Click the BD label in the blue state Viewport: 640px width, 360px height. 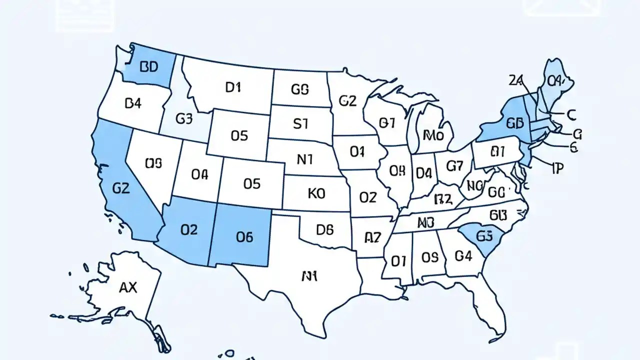[149, 67]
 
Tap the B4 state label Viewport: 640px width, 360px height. [132, 104]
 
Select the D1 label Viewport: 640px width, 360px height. [233, 87]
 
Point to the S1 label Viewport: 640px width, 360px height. [300, 123]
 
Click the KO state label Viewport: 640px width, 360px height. [316, 193]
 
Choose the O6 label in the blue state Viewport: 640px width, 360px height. [244, 237]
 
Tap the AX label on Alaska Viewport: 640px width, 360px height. [128, 287]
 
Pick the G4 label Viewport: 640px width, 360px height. [463, 256]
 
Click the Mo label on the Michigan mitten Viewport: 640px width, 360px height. [433, 134]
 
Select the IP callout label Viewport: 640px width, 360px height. [557, 168]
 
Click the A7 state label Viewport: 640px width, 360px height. [372, 237]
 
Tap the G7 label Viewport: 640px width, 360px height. [455, 165]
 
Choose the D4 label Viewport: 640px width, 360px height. [423, 173]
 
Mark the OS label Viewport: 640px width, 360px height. [429, 257]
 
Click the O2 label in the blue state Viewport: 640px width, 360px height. [188, 229]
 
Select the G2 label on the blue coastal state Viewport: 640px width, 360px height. [121, 188]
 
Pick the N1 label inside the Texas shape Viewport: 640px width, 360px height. [310, 275]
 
